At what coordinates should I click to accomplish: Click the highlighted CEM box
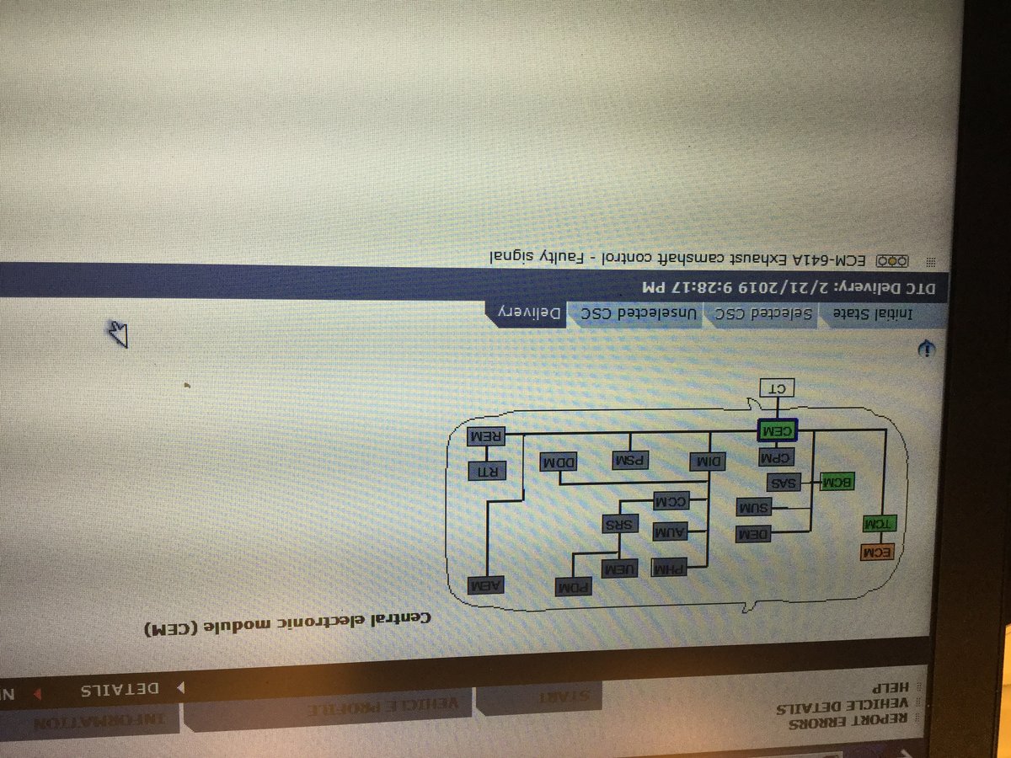click(777, 430)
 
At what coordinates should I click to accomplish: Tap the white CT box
click(778, 388)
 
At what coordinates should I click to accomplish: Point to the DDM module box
click(559, 462)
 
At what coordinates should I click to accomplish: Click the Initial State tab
click(860, 314)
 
